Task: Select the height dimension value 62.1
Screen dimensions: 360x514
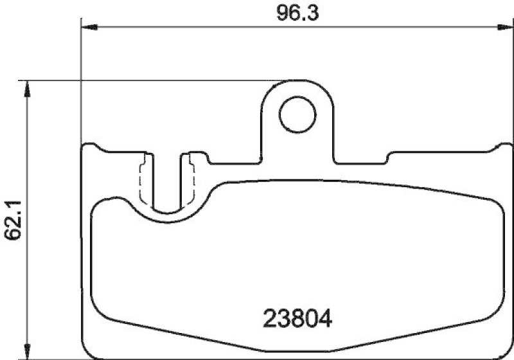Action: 12,221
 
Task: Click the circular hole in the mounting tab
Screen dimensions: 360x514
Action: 297,114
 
